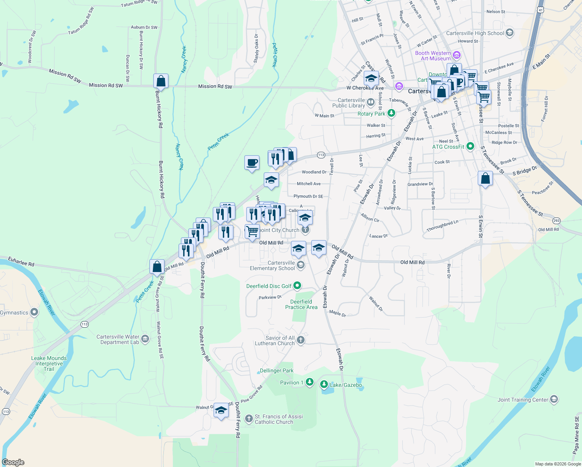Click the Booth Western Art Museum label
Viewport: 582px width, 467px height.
click(x=433, y=56)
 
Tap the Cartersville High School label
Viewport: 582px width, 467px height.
click(x=475, y=33)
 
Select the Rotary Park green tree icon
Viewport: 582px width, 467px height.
click(x=391, y=113)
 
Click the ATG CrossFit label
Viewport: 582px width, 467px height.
click(x=448, y=147)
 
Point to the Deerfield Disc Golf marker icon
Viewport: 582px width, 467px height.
click(x=297, y=286)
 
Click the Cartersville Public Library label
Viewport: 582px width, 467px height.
click(x=349, y=103)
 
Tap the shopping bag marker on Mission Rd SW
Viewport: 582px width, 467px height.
click(x=161, y=81)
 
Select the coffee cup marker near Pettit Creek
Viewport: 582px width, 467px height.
click(x=252, y=162)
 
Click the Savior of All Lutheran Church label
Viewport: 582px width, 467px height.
click(x=275, y=341)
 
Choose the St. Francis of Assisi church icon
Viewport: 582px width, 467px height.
click(x=249, y=419)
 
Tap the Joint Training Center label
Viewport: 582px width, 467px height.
click(x=522, y=400)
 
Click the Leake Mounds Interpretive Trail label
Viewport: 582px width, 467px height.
click(x=49, y=363)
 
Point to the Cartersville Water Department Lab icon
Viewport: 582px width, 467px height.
click(x=145, y=339)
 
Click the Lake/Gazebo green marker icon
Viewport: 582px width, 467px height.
click(x=324, y=384)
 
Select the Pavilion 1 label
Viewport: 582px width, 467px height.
click(x=289, y=383)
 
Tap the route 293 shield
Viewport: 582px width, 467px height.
click(x=556, y=221)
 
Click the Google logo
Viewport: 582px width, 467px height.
click(x=13, y=462)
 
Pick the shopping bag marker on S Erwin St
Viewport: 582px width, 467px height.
click(x=485, y=179)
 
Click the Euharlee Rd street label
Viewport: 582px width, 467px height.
click(x=21, y=261)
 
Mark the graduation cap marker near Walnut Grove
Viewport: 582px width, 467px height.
click(x=221, y=411)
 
